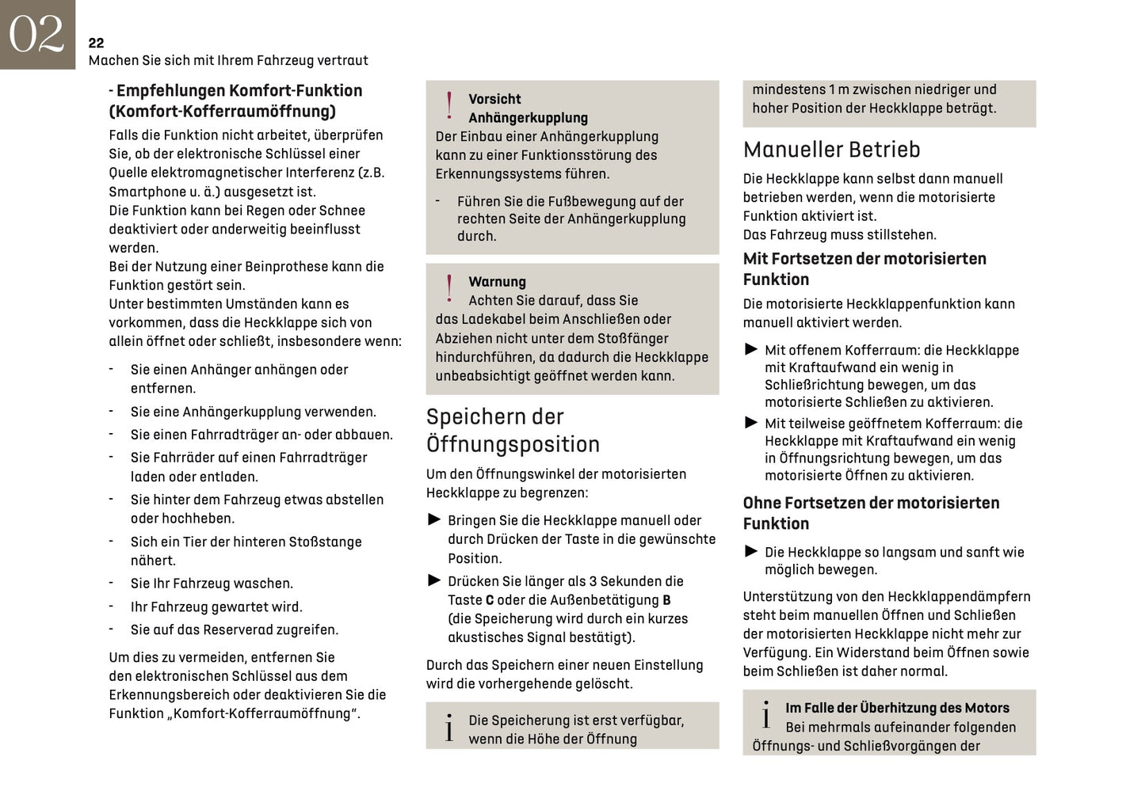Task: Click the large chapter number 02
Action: click(x=36, y=35)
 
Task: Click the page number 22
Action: click(x=96, y=43)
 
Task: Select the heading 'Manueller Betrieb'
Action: click(x=831, y=150)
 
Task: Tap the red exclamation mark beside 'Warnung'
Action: click(x=449, y=288)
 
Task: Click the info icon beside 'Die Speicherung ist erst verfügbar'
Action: click(x=449, y=728)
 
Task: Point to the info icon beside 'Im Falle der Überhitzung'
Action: click(x=765, y=716)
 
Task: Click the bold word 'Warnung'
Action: click(x=497, y=282)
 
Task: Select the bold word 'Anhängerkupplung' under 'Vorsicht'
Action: click(x=528, y=118)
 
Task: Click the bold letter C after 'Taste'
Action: click(x=490, y=600)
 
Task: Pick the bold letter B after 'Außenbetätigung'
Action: click(x=666, y=600)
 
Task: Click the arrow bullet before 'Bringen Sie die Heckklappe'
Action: click(x=434, y=520)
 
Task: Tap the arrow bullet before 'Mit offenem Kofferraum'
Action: click(x=751, y=349)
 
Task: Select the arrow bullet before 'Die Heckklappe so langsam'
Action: click(x=751, y=551)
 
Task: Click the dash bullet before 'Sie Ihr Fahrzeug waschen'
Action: click(x=112, y=583)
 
